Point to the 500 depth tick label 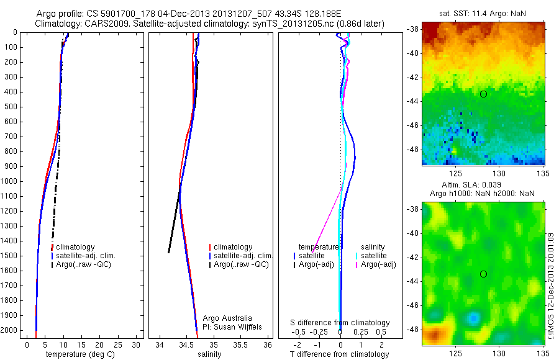tap(10, 107)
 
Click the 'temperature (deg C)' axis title tap(82, 354)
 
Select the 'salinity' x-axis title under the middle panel tap(209, 354)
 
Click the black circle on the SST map tap(483, 94)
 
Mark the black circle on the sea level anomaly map tap(483, 274)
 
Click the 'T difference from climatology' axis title tap(340, 354)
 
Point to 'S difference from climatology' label tap(340, 323)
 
